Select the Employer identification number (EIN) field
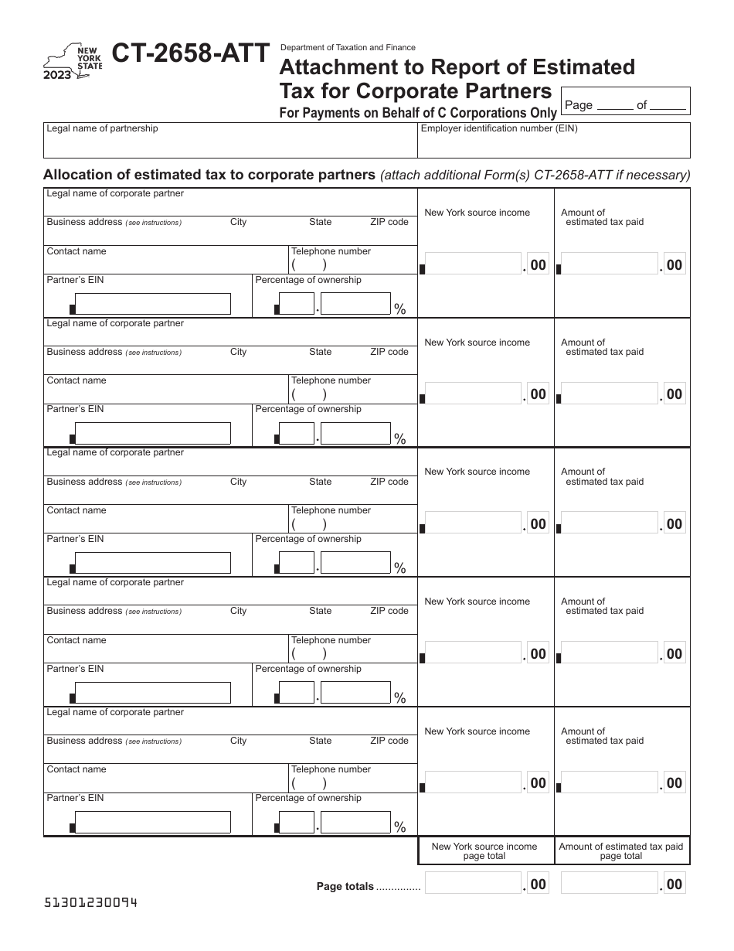pyautogui.click(x=554, y=145)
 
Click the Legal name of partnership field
pyautogui.click(x=230, y=145)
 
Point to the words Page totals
pyautogui.click(x=345, y=887)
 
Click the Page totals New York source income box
pyautogui.click(x=474, y=884)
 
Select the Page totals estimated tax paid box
pyautogui.click(x=610, y=884)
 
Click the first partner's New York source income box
pyautogui.click(x=474, y=264)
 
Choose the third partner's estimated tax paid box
pyautogui.click(x=610, y=523)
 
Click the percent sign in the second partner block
pyautogui.click(x=400, y=439)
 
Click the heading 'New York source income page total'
pyautogui.click(x=484, y=851)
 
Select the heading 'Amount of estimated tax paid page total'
pyautogui.click(x=621, y=851)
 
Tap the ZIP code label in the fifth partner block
pyautogui.click(x=389, y=741)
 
